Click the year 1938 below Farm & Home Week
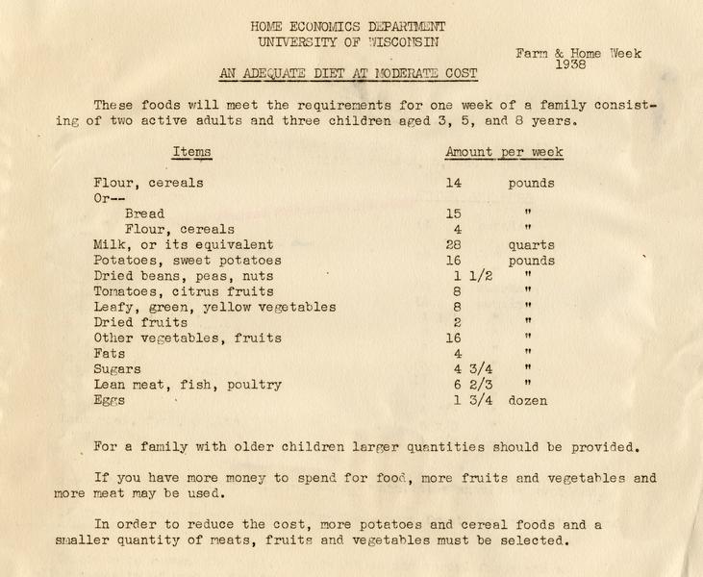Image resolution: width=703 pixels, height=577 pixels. (x=570, y=64)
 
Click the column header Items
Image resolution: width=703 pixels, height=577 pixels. (x=191, y=152)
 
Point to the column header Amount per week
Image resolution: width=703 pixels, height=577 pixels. (x=504, y=152)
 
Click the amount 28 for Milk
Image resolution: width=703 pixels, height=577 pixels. (x=455, y=245)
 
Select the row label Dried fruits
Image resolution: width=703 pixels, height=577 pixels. (x=140, y=322)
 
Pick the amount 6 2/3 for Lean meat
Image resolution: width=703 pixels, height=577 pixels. (x=470, y=385)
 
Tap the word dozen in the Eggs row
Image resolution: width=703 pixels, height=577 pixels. (x=528, y=400)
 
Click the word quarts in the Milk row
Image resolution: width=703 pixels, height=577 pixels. (x=532, y=245)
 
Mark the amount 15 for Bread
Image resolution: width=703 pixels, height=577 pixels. (x=454, y=213)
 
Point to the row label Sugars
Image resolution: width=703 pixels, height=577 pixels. (x=117, y=369)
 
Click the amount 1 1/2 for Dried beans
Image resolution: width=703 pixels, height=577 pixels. (x=470, y=276)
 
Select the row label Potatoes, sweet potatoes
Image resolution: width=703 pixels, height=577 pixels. (x=188, y=261)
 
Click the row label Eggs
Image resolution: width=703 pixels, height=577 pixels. (x=110, y=400)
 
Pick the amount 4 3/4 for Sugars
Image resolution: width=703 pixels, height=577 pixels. (x=470, y=369)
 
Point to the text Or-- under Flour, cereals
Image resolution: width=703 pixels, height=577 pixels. (x=110, y=198)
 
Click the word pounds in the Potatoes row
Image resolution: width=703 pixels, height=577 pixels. (x=532, y=261)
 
